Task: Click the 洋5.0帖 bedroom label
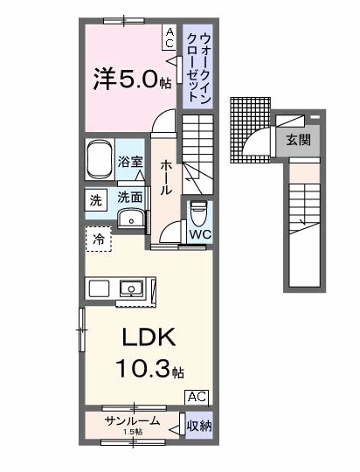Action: tap(132, 80)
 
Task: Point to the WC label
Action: tap(199, 235)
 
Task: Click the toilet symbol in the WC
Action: tap(198, 213)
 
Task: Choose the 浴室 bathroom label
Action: tap(130, 161)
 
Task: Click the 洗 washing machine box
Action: tap(95, 199)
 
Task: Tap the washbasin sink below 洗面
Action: tap(131, 219)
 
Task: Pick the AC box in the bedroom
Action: tap(170, 36)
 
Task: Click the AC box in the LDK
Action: tap(197, 396)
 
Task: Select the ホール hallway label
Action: tap(165, 177)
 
